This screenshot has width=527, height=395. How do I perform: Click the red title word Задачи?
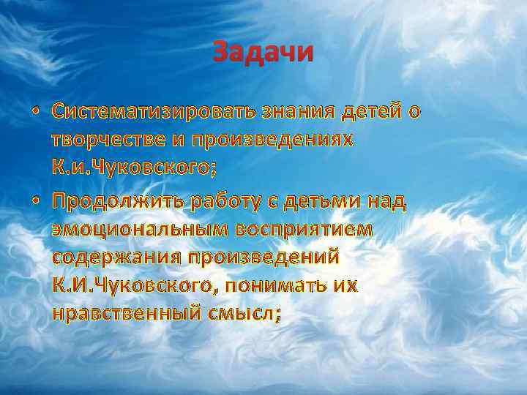263,53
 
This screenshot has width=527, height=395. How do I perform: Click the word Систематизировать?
152,111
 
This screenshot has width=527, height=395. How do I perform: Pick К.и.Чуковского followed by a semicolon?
134,169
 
